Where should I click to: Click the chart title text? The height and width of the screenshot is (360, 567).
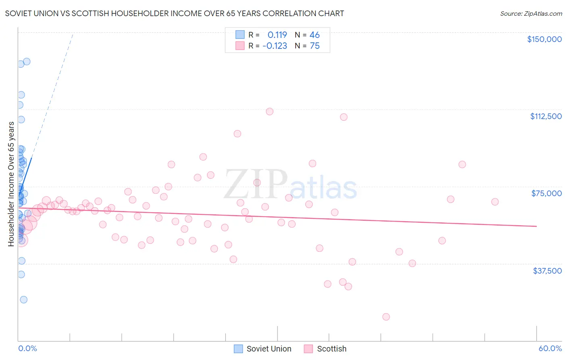pos(175,13)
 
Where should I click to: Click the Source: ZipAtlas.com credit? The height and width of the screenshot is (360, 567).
pos(531,13)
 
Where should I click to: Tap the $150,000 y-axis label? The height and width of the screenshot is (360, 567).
pos(544,39)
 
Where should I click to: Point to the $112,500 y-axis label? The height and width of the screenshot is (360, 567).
pos(546,116)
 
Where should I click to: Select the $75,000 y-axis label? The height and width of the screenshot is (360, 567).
pos(546,193)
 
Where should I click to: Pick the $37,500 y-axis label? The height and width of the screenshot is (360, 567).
pos(547,271)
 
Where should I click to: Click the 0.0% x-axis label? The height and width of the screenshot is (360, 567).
pos(27,348)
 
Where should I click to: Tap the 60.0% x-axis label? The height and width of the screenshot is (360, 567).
pos(550,348)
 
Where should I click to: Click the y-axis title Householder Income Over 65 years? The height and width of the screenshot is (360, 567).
pos(11,184)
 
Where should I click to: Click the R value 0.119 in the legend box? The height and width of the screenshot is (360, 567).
pos(277,35)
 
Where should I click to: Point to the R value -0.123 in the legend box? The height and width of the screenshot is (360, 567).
pos(275,46)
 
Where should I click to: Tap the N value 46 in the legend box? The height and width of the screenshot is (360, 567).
pos(315,35)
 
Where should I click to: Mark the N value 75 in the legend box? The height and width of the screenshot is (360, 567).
pos(315,46)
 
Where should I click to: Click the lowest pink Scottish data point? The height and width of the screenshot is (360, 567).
pos(386,317)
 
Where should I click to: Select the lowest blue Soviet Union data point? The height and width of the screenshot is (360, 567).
pos(24,299)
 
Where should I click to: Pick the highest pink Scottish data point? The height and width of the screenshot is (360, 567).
pos(270,111)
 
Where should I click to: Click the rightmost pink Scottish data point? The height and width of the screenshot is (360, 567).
pos(495,202)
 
